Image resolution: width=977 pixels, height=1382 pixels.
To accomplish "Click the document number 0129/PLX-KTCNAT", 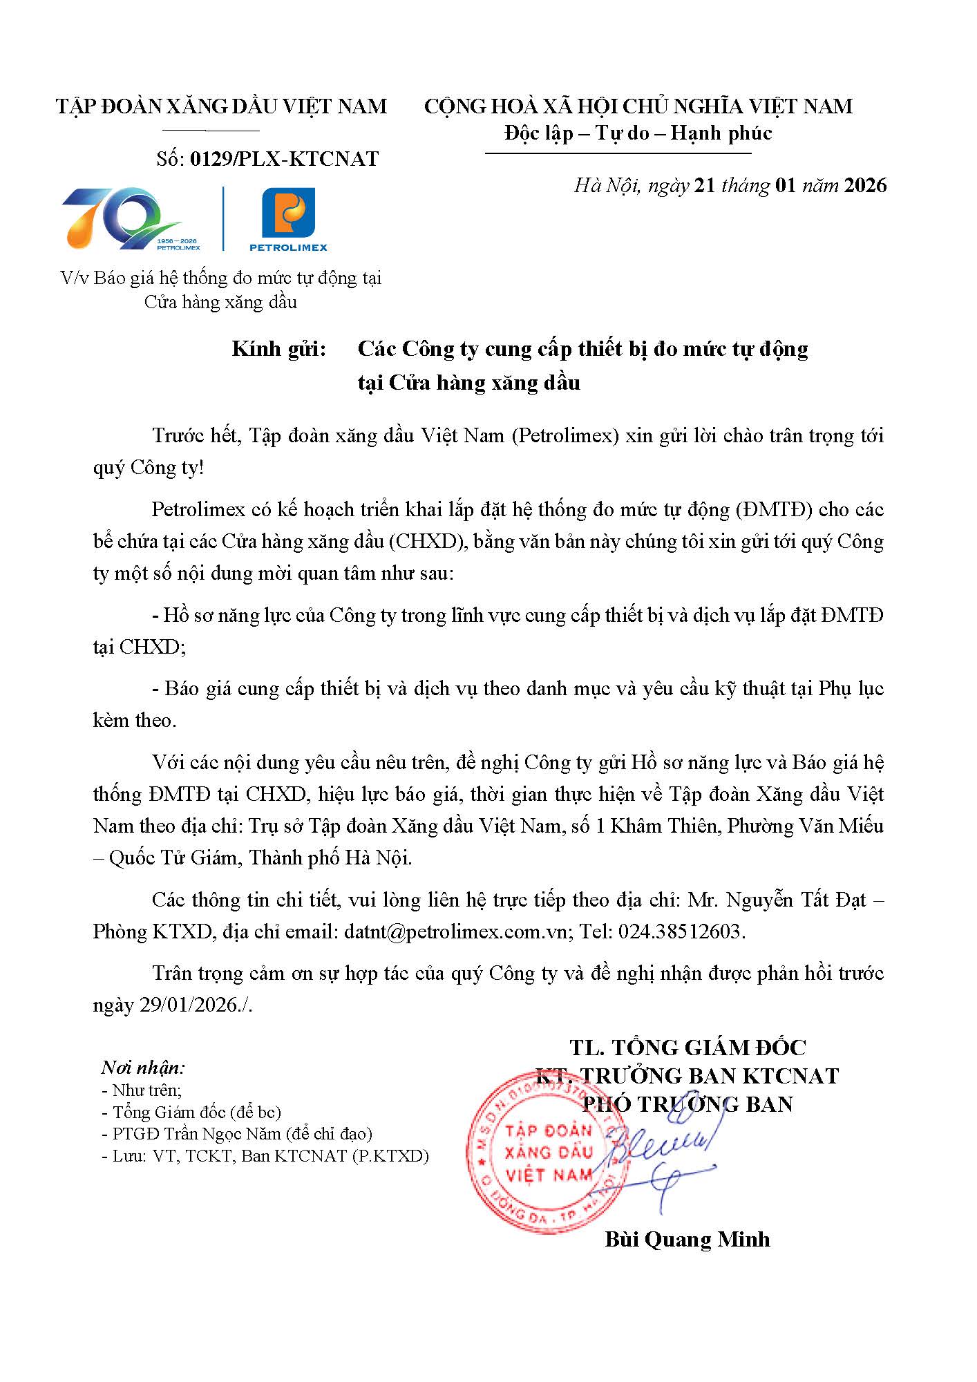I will point(284,159).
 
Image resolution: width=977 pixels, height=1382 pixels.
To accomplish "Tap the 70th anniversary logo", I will point(123,218).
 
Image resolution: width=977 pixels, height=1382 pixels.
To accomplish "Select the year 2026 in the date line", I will point(865,185).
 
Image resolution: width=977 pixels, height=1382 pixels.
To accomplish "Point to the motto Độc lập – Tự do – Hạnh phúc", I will point(638,133).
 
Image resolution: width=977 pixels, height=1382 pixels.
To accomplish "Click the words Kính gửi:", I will point(278,349).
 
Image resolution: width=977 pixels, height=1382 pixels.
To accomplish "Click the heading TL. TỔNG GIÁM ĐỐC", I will point(687,1048).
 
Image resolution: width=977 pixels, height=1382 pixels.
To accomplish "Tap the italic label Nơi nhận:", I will point(143,1068).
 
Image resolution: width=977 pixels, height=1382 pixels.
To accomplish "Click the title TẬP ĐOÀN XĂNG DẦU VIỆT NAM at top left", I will point(221,106).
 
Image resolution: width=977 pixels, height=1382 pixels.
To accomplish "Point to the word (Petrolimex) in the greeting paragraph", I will point(565,436).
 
